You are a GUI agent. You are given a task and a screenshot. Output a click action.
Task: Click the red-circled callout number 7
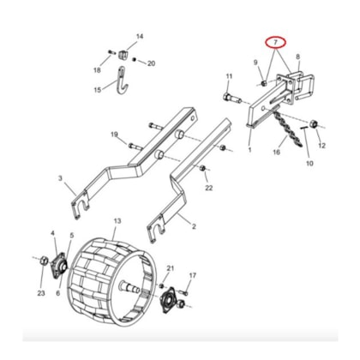coord(275,42)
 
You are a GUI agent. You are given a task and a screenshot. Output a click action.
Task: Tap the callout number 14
coord(140,37)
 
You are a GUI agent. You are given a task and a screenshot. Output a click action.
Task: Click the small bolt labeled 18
coord(111,52)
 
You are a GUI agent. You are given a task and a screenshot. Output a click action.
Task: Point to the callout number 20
coord(152,63)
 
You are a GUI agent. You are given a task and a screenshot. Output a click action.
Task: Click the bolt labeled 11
coord(232,98)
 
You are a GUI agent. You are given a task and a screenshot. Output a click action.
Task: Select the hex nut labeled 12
coord(314,124)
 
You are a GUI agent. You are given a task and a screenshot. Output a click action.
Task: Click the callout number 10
coord(309,164)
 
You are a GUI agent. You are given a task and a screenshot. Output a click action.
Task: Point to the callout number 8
coord(298,57)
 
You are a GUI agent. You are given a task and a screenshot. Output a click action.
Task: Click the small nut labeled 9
coord(264,83)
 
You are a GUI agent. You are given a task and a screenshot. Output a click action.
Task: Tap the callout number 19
coord(114,135)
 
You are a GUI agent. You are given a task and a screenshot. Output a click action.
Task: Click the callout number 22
coord(209,188)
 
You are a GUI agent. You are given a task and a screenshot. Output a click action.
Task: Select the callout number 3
coord(60,178)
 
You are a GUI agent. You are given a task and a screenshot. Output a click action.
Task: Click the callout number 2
coord(194,226)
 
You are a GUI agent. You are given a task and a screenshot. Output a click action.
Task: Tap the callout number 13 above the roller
coord(117,221)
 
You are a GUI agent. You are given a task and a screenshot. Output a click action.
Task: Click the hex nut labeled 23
coord(44,260)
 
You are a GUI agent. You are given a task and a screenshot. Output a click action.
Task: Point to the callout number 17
coord(193,275)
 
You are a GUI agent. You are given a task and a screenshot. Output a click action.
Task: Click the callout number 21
coord(171,268)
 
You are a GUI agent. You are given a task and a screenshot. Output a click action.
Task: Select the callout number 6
coord(58,293)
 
